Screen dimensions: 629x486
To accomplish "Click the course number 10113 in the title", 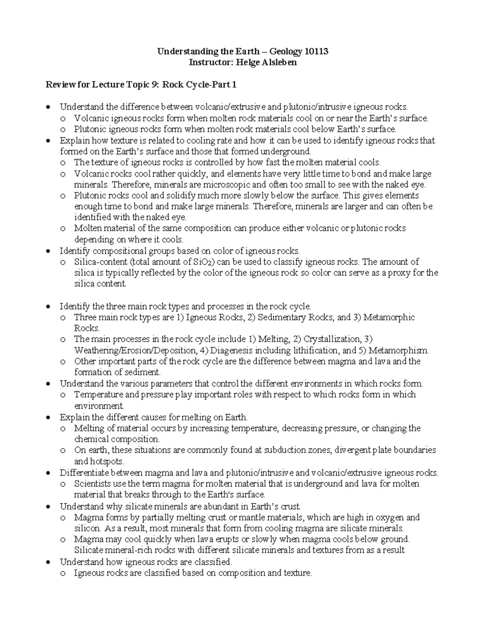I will tap(316, 51).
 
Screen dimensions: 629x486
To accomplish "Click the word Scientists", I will tap(92, 484).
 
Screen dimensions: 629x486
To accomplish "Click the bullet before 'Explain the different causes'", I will tap(49, 417).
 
